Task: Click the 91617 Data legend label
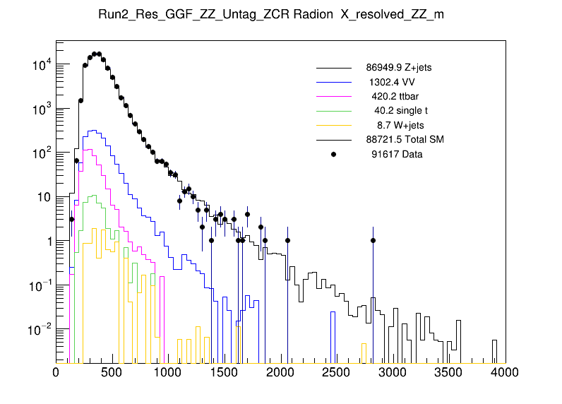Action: (397, 154)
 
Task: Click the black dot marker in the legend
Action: (334, 154)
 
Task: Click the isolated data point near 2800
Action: (373, 241)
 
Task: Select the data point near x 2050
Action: (287, 241)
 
